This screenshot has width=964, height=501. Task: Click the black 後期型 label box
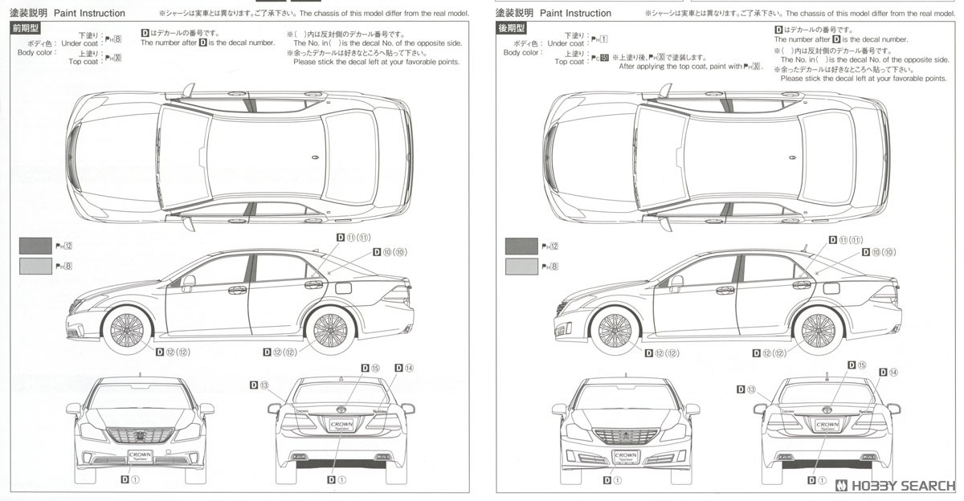(510, 28)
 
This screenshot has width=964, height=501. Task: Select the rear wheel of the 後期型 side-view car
(817, 329)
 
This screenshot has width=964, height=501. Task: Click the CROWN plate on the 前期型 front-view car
(141, 456)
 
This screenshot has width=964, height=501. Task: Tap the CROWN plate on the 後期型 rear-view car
(827, 425)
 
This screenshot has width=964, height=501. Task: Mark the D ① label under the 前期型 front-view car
(130, 479)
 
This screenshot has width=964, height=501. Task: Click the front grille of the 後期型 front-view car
(624, 437)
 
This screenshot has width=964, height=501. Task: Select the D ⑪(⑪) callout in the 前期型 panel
(353, 238)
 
